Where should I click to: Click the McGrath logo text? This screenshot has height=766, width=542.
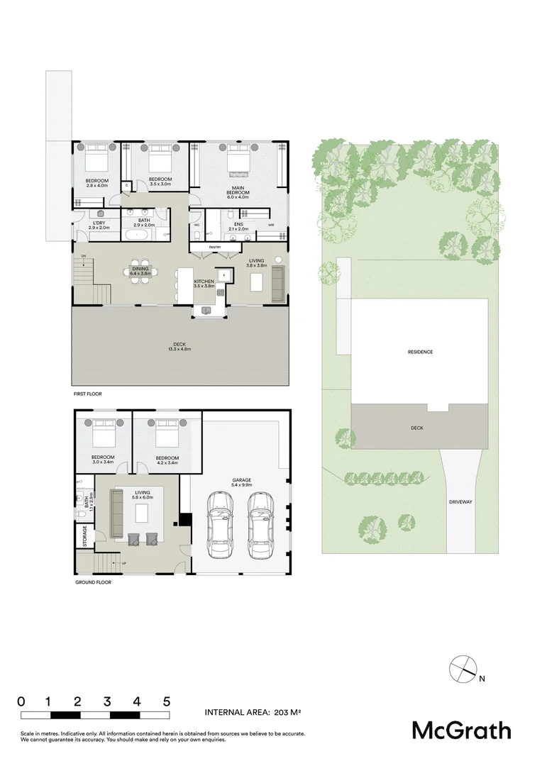[x=461, y=730]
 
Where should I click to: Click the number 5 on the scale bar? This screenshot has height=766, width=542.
[x=167, y=701]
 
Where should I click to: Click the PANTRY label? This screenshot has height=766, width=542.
[x=215, y=247]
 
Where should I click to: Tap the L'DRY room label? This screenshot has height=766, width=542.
[x=98, y=224]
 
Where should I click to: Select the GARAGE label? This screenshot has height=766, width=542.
[x=241, y=480]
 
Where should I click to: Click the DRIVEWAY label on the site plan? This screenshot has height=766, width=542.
[x=460, y=501]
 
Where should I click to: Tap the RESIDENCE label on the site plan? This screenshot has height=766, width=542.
[x=420, y=352]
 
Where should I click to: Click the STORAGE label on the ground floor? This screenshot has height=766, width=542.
[x=85, y=536]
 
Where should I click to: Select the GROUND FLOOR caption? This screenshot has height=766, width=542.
[x=93, y=582]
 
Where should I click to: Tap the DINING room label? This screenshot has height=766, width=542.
[x=140, y=269]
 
